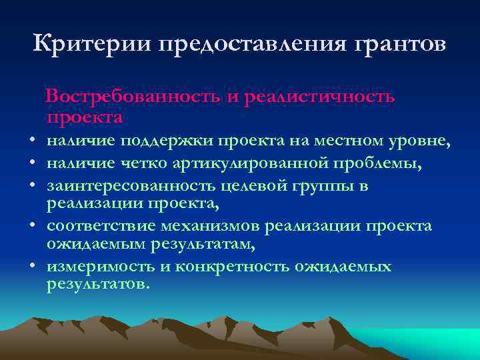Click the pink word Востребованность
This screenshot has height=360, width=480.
coord(133,97)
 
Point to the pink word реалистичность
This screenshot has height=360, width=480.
coord(320,97)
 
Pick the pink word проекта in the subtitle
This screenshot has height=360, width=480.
coord(85,117)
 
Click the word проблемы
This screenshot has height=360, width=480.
coord(387,163)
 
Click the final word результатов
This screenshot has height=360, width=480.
coord(98,285)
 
